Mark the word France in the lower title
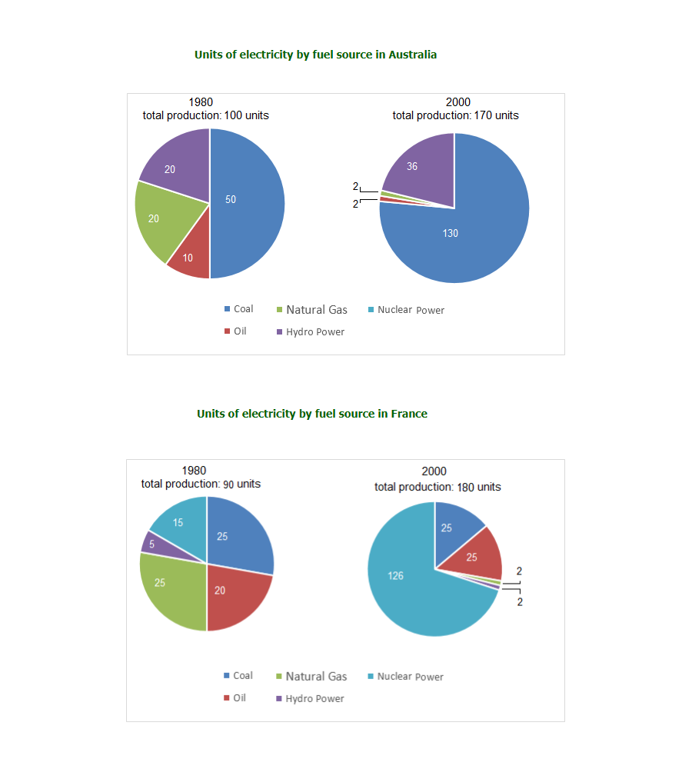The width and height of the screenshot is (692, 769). point(409,414)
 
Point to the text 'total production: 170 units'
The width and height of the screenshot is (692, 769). point(455,115)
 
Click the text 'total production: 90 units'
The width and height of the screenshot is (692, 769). point(201,484)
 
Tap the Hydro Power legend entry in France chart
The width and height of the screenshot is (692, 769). point(314,699)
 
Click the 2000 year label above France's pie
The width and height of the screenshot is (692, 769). point(434,471)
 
